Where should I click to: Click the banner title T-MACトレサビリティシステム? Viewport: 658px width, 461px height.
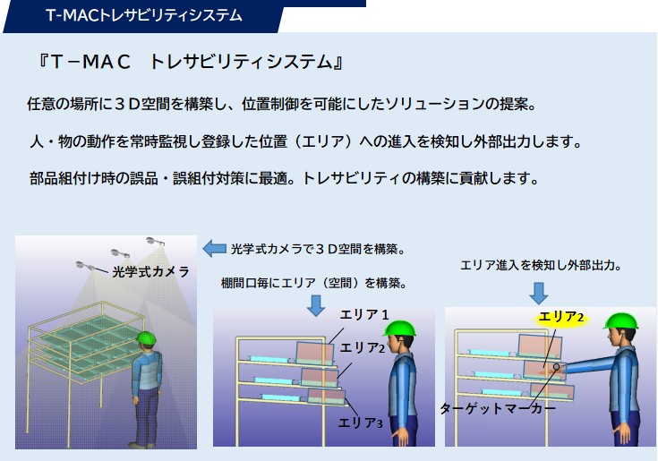[x=144, y=15]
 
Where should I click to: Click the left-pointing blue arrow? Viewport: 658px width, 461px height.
[x=215, y=248]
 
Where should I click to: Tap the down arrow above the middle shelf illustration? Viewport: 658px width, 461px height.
[x=315, y=305]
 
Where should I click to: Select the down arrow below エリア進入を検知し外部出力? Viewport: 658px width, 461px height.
[x=539, y=294]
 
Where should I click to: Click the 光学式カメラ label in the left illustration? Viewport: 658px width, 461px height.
[x=150, y=272]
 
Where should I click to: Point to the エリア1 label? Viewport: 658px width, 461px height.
[x=364, y=314]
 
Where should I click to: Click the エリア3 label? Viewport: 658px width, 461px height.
[x=360, y=423]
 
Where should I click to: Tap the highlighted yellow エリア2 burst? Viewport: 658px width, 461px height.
[x=560, y=318]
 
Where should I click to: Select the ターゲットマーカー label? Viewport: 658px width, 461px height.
[x=498, y=408]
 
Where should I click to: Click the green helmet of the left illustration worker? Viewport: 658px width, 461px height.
[x=146, y=337]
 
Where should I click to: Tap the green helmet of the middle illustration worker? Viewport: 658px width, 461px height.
[x=399, y=329]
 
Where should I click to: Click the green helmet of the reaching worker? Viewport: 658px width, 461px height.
[x=620, y=320]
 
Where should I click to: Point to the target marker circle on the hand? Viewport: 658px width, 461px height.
[x=557, y=367]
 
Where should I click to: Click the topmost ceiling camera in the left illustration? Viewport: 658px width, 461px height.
[x=155, y=241]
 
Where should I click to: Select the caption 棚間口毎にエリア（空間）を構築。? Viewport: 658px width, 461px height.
[x=315, y=283]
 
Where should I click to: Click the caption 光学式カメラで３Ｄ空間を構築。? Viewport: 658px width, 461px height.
[x=319, y=249]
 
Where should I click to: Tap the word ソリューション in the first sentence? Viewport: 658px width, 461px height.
[x=433, y=104]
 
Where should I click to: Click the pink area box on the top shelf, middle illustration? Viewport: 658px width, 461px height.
[x=315, y=354]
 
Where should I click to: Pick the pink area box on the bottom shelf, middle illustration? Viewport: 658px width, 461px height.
[x=327, y=397]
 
